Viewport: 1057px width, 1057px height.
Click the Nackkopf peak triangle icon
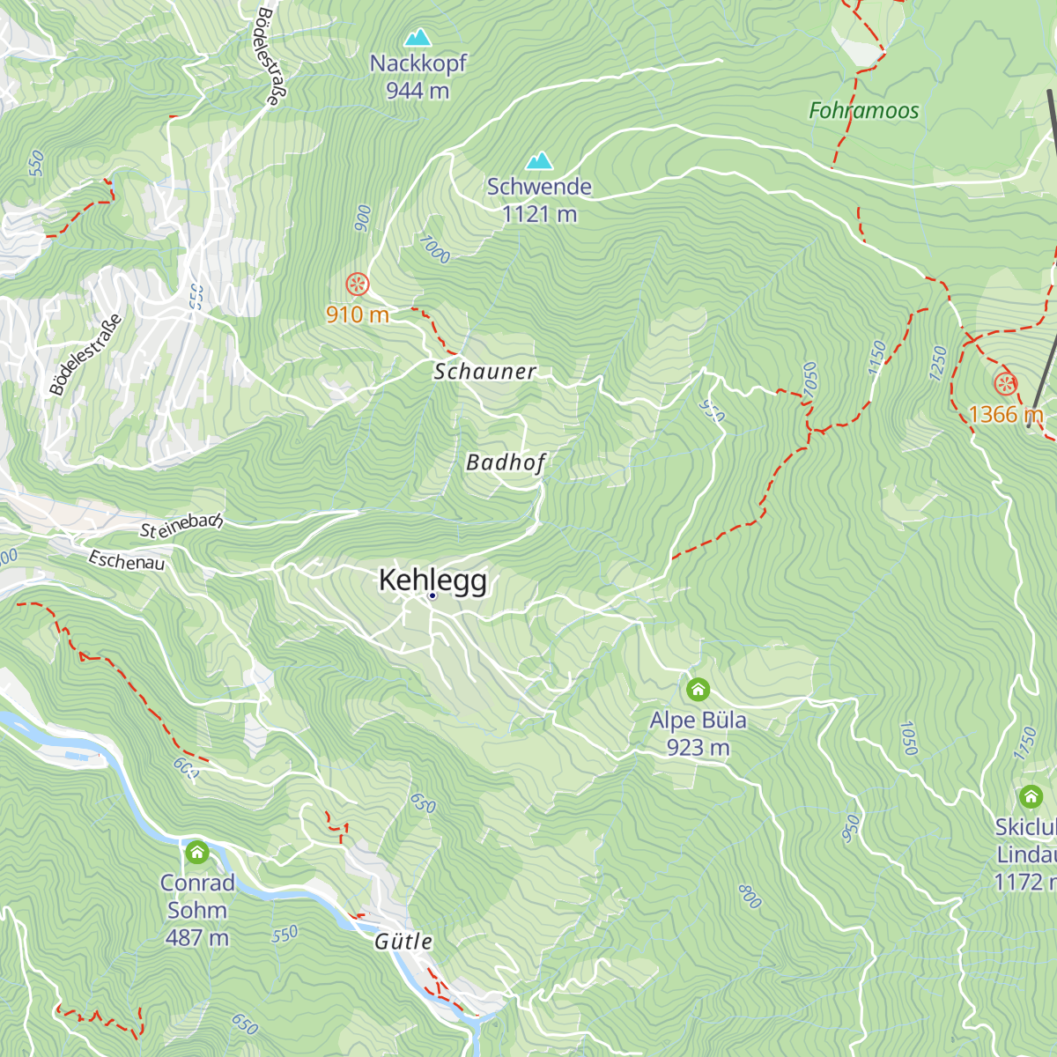(x=418, y=38)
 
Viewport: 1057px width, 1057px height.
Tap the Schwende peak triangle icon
(x=539, y=161)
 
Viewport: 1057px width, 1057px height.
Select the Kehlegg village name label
(x=432, y=580)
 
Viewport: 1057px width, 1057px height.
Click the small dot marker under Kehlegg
(x=432, y=596)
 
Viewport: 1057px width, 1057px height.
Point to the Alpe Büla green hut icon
(x=698, y=688)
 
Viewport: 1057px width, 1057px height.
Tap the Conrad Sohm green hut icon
(x=197, y=852)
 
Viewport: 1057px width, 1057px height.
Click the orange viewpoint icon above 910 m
(x=357, y=284)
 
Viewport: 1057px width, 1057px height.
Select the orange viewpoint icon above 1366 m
(x=1005, y=384)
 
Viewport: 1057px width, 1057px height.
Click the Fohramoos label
(x=863, y=111)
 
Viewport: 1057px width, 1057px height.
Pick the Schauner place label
(x=484, y=372)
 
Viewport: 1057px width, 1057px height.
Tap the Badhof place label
(x=506, y=462)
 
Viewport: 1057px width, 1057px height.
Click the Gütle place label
(x=403, y=942)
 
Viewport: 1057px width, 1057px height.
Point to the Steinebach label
(x=181, y=526)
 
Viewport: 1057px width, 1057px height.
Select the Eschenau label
(x=126, y=560)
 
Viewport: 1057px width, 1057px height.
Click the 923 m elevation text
(x=698, y=748)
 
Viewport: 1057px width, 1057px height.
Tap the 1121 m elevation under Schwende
(x=539, y=214)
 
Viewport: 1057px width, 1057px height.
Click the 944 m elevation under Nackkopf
(x=418, y=91)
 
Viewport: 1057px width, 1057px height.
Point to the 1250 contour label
(x=937, y=363)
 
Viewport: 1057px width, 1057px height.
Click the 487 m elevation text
(x=197, y=938)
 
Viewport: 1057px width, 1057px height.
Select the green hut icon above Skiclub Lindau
(x=1031, y=797)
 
